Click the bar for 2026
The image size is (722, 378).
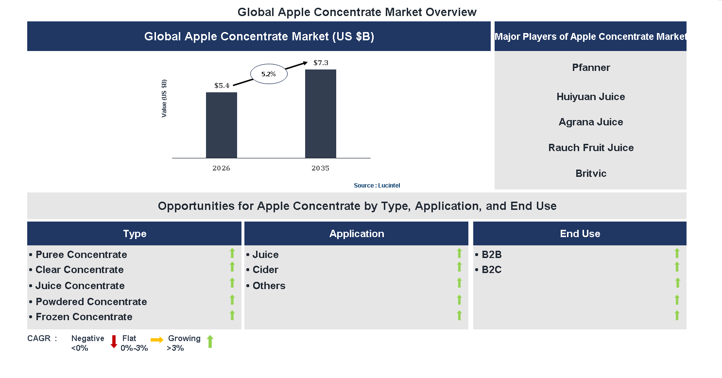(x=221, y=125)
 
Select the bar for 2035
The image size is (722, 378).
(x=320, y=114)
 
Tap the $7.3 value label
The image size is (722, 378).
(x=321, y=63)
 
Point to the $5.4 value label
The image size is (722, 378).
(x=222, y=86)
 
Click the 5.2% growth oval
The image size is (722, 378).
(x=269, y=74)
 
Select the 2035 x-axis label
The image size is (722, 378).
(x=320, y=169)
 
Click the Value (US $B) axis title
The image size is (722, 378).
(x=164, y=98)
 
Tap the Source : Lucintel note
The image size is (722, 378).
(x=377, y=186)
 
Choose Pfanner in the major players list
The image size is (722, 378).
(x=591, y=68)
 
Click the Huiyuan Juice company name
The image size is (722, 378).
(x=591, y=97)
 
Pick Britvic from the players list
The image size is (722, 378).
(x=591, y=173)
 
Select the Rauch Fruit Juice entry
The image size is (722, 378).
(x=591, y=148)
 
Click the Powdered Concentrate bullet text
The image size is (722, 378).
(x=91, y=302)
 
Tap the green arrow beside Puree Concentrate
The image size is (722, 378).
(x=232, y=253)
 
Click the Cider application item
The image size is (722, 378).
(x=265, y=270)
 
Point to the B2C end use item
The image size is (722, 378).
(x=491, y=270)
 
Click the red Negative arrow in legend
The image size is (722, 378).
(x=114, y=342)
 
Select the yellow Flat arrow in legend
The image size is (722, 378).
(x=157, y=340)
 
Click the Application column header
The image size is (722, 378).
(x=356, y=234)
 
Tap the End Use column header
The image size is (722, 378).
(x=580, y=234)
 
